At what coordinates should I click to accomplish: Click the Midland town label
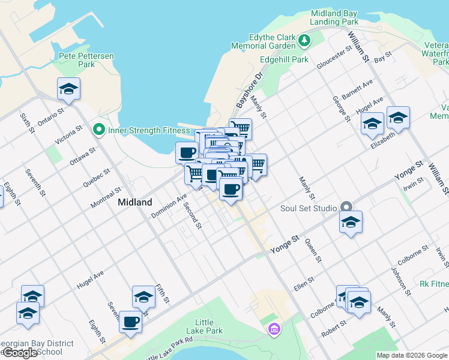pyautogui.click(x=135, y=202)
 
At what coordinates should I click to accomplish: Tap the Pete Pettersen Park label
pyautogui.click(x=86, y=60)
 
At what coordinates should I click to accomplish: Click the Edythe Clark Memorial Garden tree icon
pyautogui.click(x=305, y=41)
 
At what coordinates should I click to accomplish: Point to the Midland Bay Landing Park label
pyautogui.click(x=334, y=17)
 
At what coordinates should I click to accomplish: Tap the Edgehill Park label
pyautogui.click(x=284, y=59)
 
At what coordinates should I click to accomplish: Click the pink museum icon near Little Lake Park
pyautogui.click(x=274, y=329)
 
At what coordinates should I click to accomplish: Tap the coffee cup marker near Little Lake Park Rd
pyautogui.click(x=130, y=322)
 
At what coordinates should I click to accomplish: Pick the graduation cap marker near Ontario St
pyautogui.click(x=69, y=90)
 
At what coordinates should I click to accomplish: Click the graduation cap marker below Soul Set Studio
pyautogui.click(x=351, y=223)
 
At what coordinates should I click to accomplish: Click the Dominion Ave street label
pyautogui.click(x=169, y=206)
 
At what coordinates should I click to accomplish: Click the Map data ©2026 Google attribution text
pyautogui.click(x=412, y=355)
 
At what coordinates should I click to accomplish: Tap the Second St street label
pyautogui.click(x=193, y=215)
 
